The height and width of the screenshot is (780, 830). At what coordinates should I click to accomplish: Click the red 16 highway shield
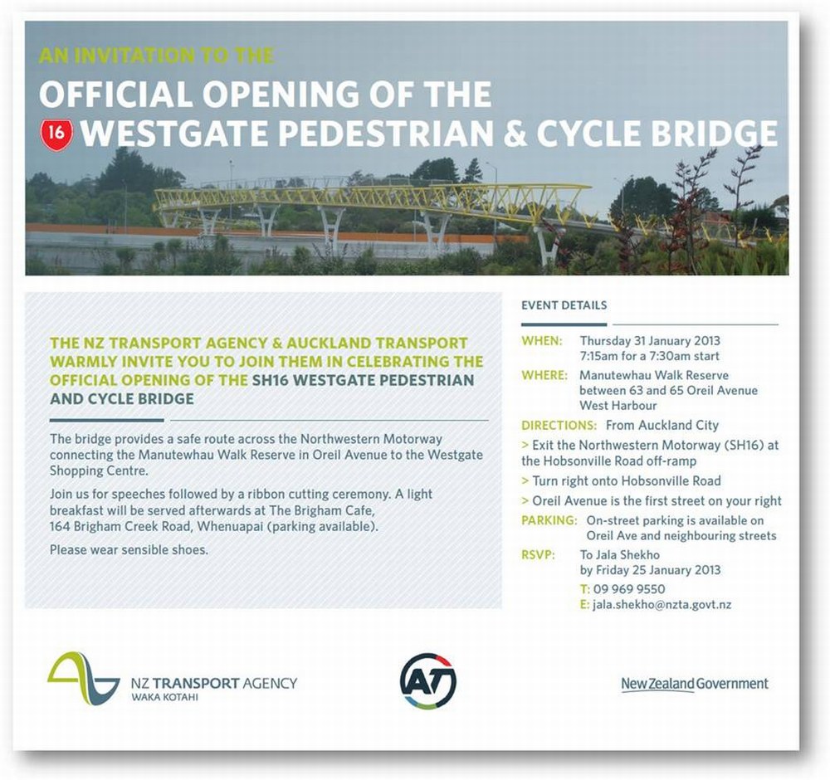pyautogui.click(x=56, y=132)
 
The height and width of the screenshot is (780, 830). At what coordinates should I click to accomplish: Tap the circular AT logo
pyautogui.click(x=428, y=680)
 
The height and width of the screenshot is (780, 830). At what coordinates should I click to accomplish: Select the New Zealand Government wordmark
pyautogui.click(x=695, y=684)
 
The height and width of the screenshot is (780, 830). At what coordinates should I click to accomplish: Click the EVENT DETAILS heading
pyautogui.click(x=564, y=305)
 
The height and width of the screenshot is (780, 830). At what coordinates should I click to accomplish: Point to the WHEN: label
pyautogui.click(x=541, y=341)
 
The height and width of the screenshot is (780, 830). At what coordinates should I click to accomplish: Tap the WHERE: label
pyautogui.click(x=544, y=375)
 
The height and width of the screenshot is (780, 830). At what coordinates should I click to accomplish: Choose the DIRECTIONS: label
pyautogui.click(x=559, y=426)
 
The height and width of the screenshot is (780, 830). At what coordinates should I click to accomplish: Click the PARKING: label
pyautogui.click(x=549, y=520)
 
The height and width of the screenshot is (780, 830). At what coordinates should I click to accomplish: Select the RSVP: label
pyautogui.click(x=538, y=555)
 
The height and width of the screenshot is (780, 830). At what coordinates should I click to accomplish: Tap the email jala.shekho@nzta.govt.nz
pyautogui.click(x=662, y=604)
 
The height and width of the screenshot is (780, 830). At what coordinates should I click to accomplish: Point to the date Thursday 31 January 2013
pyautogui.click(x=650, y=341)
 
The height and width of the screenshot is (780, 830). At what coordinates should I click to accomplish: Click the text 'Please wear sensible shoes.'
pyautogui.click(x=129, y=550)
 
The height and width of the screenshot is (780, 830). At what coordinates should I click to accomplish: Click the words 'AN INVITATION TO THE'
pyautogui.click(x=156, y=56)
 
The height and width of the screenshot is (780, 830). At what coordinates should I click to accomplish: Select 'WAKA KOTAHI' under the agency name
pyautogui.click(x=164, y=698)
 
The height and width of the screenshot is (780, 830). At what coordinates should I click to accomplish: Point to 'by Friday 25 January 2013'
pyautogui.click(x=650, y=570)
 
